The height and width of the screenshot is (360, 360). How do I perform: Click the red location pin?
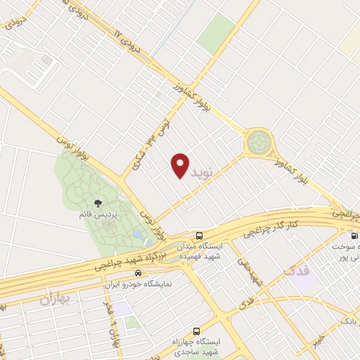tap(181, 165)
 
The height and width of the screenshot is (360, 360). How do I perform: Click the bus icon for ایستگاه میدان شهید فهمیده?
tap(200, 236)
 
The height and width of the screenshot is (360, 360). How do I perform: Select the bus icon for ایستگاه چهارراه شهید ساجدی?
tap(195, 330)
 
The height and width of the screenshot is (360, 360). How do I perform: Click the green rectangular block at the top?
tap(217, 32)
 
